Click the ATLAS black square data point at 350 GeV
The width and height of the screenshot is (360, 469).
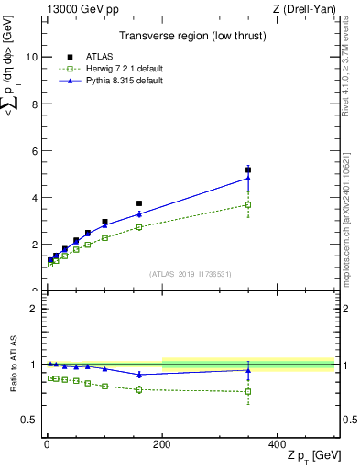pyautogui.click(x=248, y=169)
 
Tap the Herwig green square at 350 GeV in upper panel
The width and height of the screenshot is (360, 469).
pyautogui.click(x=248, y=204)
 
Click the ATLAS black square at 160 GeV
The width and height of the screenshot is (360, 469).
pyautogui.click(x=139, y=203)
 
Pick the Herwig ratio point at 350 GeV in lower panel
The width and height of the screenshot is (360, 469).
pyautogui.click(x=248, y=392)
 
